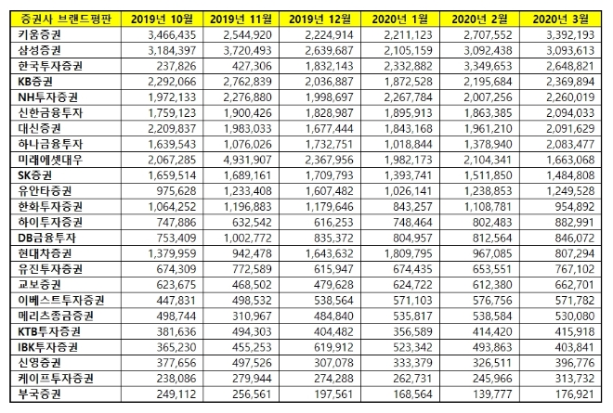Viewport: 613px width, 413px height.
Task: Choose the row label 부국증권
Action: click(x=33, y=394)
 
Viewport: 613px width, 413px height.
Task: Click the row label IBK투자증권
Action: click(x=42, y=345)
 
